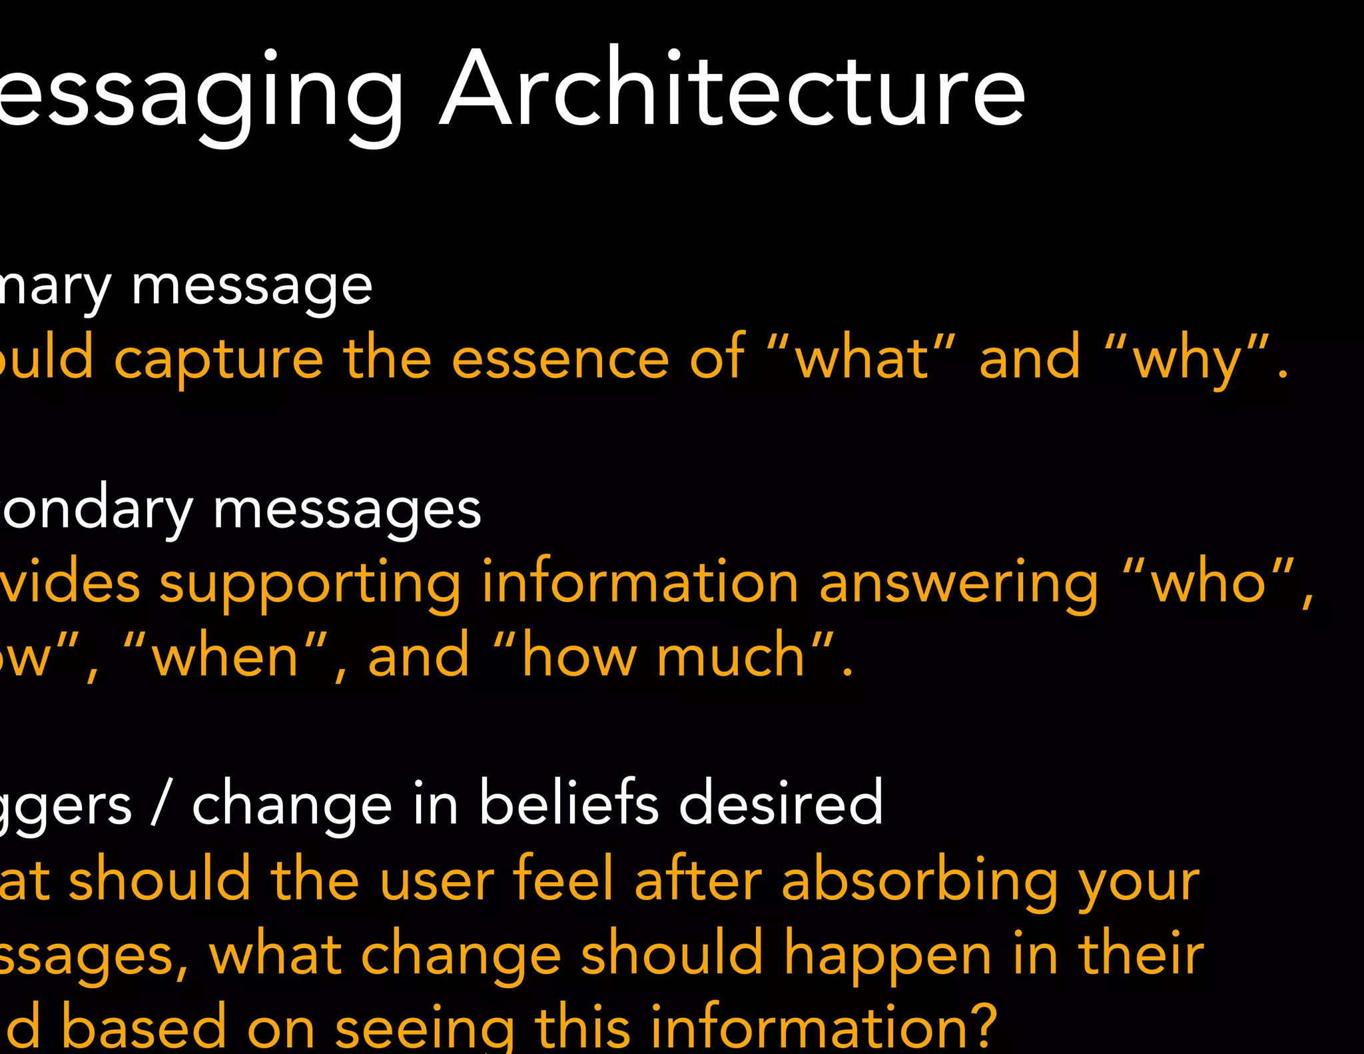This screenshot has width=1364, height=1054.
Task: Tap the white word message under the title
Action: point(252,288)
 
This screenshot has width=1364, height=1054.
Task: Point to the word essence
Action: point(560,360)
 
